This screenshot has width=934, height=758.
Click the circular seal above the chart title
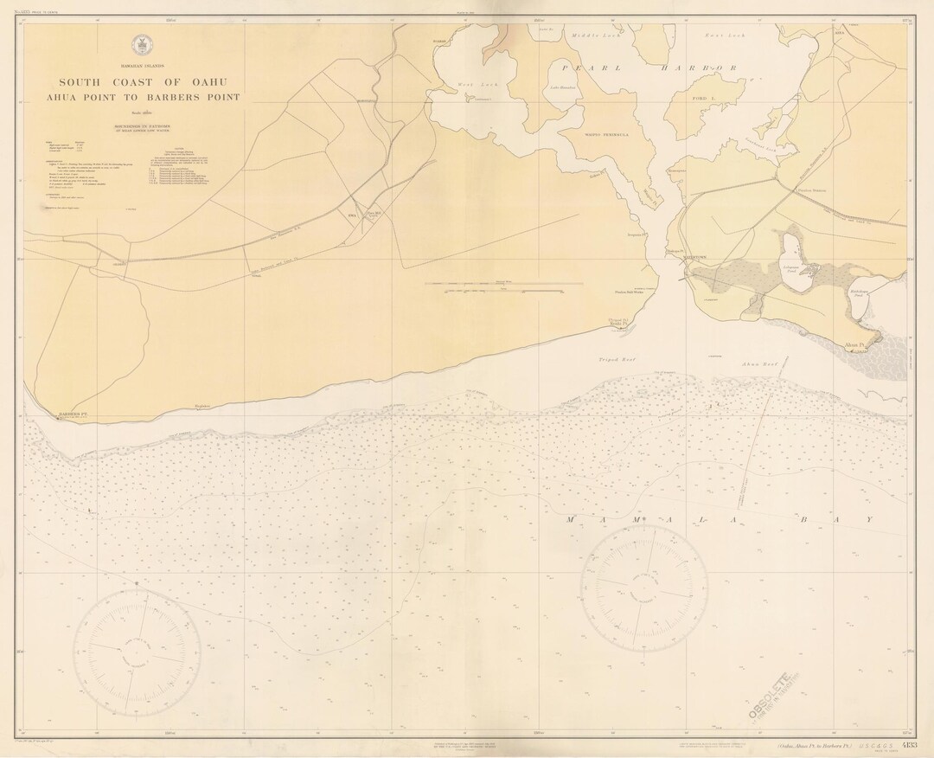141,45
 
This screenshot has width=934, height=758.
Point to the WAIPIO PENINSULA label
605,135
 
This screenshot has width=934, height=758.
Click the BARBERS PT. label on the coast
74,414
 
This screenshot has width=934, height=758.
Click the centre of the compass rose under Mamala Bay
643,575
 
